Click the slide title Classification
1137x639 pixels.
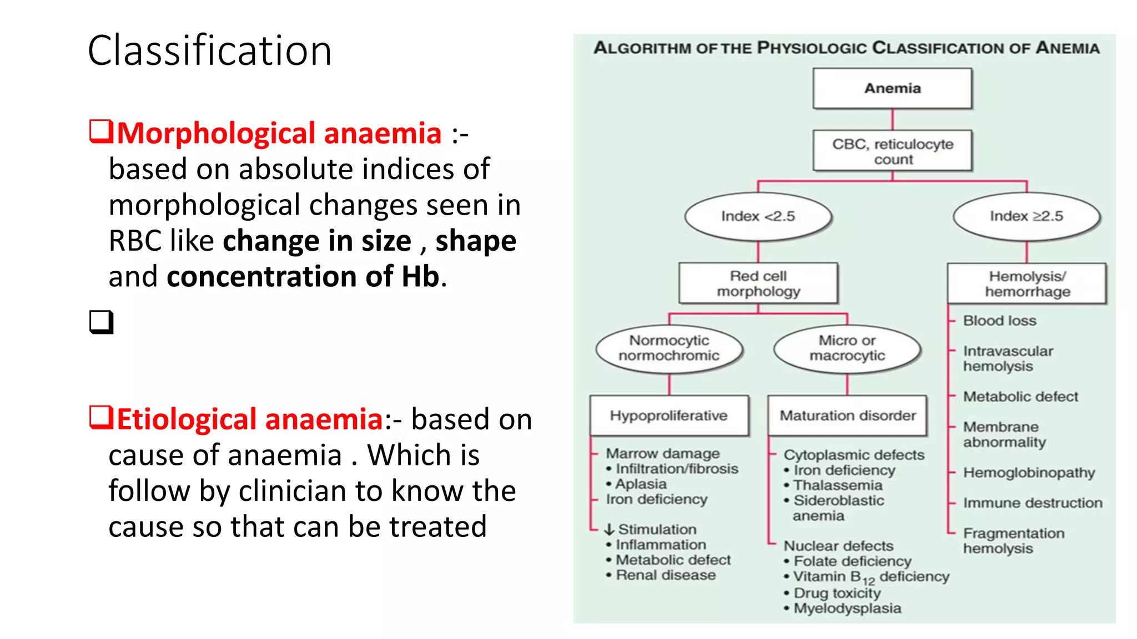pos(209,50)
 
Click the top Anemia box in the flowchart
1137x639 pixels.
pos(892,88)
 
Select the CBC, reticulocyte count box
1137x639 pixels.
pos(892,151)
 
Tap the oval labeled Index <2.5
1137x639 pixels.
pos(758,216)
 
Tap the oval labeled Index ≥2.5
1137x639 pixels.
pos(1026,216)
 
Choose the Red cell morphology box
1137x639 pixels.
pos(758,283)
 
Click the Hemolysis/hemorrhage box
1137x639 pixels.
pos(1027,283)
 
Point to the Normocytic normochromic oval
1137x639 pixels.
pos(669,348)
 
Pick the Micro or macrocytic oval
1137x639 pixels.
pos(847,348)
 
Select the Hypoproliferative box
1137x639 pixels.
pos(669,415)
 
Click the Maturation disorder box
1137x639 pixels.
pos(847,415)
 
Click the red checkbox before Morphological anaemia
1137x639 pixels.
pos(101,132)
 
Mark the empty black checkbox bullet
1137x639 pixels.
pos(101,322)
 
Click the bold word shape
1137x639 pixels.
pos(476,241)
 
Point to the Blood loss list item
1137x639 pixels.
pos(999,321)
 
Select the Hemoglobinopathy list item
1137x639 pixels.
pos(1029,473)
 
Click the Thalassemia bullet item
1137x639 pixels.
pos(837,485)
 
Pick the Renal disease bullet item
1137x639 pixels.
pos(665,575)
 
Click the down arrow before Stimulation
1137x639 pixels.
pos(609,530)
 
